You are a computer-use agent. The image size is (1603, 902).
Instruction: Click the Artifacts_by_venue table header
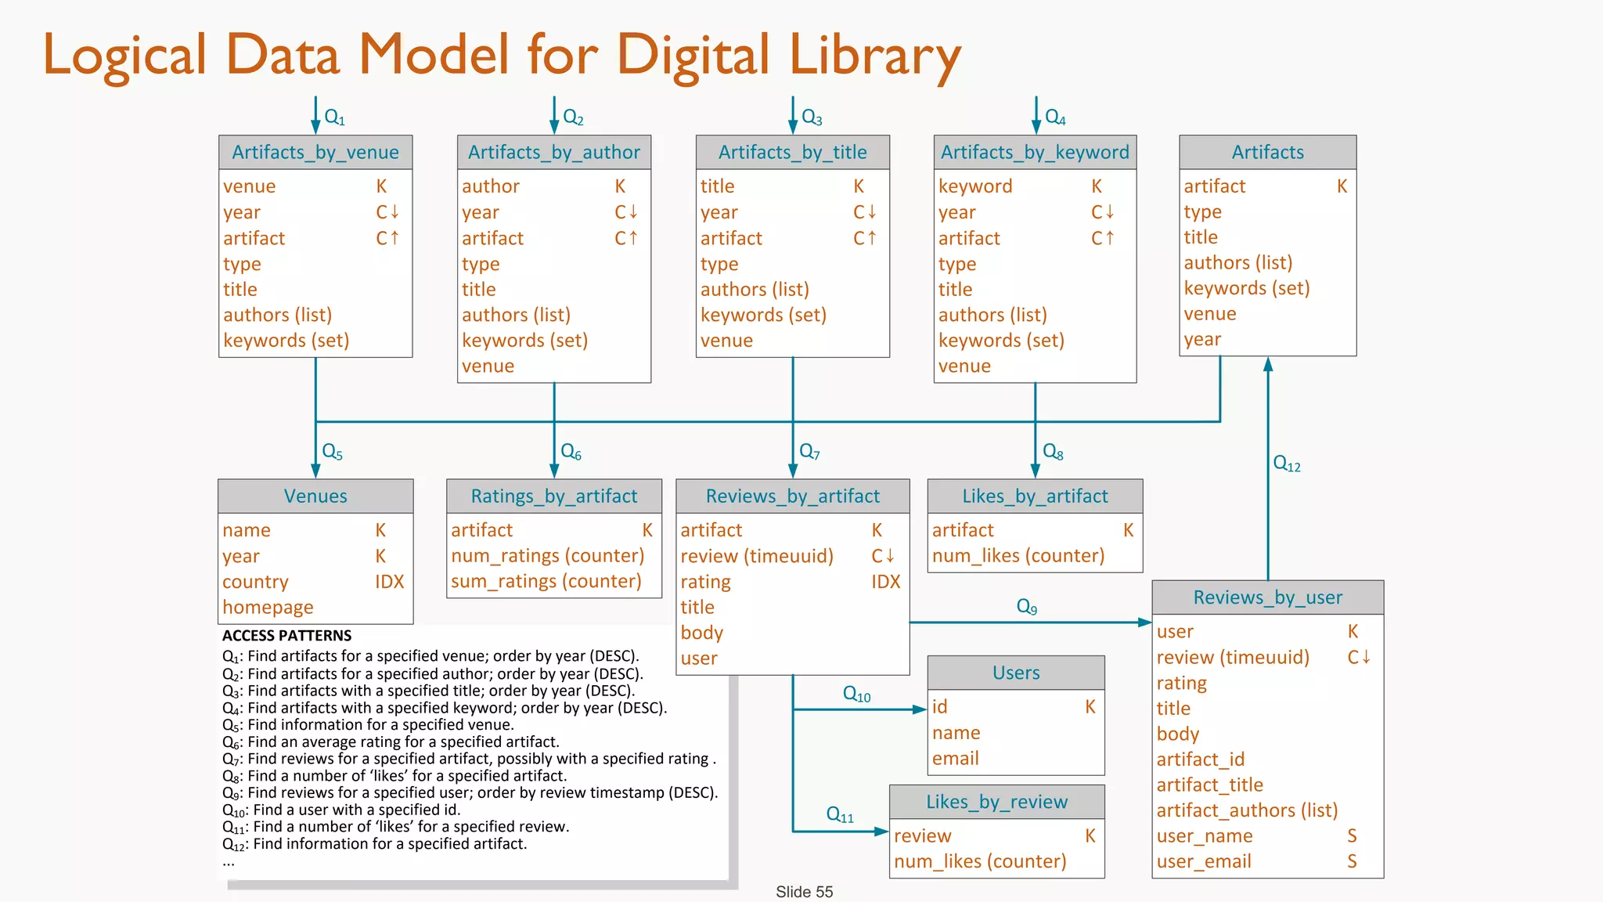point(315,152)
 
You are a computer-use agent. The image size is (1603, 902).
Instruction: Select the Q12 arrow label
point(1286,464)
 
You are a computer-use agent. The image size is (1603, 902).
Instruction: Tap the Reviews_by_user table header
point(1267,597)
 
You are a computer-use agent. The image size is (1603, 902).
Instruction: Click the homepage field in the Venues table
point(268,607)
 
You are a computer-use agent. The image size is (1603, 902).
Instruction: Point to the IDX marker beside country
point(389,582)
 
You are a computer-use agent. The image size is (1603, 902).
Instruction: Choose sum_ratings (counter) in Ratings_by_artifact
point(546,581)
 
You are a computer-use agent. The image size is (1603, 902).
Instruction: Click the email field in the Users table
point(955,758)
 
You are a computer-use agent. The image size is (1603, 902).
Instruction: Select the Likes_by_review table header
point(996,802)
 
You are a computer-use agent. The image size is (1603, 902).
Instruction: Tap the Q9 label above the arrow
point(1026,607)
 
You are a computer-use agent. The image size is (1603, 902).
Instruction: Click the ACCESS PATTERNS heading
point(286,636)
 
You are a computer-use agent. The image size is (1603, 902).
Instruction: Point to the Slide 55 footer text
point(804,892)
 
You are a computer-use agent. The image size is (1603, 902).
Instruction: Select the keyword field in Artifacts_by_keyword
point(974,186)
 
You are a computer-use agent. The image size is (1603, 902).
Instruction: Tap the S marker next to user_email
point(1352,861)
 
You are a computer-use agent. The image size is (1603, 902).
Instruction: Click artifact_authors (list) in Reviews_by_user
point(1247,810)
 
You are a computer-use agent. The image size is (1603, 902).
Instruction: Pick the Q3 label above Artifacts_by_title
point(812,118)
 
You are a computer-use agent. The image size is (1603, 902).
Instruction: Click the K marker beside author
point(620,186)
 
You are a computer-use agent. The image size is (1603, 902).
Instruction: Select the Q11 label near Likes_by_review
point(840,814)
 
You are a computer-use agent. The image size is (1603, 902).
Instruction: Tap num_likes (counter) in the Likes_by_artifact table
point(1018,555)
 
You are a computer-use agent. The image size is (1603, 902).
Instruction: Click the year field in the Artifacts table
point(1202,339)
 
